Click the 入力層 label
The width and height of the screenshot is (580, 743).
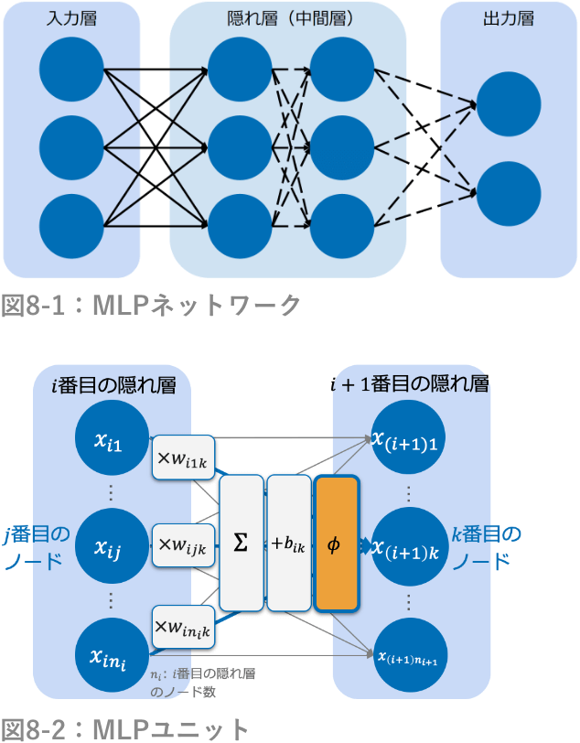(x=71, y=18)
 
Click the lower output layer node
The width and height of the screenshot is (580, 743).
(x=509, y=192)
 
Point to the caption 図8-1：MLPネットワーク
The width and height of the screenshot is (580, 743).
(x=151, y=305)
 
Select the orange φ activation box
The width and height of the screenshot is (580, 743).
(x=335, y=544)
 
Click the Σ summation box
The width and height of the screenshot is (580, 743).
(x=242, y=544)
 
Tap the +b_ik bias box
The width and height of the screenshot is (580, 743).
(x=288, y=544)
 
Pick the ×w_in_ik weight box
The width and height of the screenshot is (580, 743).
(x=183, y=628)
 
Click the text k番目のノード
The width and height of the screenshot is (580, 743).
(x=486, y=546)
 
